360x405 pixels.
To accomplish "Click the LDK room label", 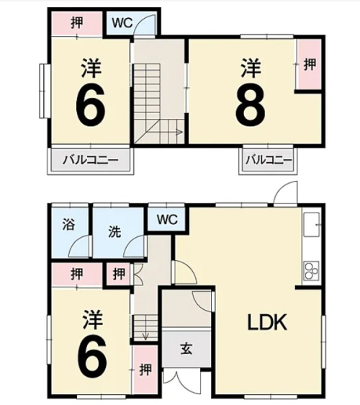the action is click(267, 322).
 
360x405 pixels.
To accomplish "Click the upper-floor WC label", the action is click(122, 23).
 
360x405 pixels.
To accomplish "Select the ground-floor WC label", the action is click(167, 220).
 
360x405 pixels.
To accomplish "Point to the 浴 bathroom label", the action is click(68, 224).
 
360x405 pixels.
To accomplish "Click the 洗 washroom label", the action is click(114, 232).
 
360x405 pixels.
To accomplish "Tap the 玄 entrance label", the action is click(186, 350).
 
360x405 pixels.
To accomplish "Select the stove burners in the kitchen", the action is click(312, 271).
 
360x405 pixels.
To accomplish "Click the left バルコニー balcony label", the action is click(91, 160).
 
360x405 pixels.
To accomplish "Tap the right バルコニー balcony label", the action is click(269, 160).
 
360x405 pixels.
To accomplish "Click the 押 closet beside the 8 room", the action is click(310, 64).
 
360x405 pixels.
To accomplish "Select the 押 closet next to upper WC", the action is click(77, 23).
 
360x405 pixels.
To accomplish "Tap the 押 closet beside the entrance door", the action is click(145, 370).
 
